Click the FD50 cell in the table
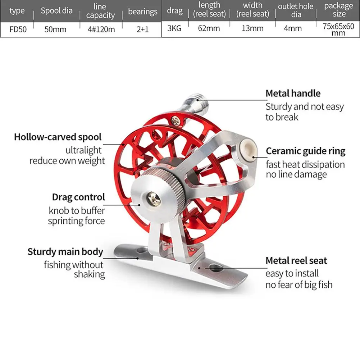[x=18, y=29]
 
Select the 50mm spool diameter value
[x=55, y=29]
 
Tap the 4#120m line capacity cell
[x=101, y=29]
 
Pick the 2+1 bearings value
[x=142, y=29]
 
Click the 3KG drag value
[x=174, y=28]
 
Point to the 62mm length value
[x=209, y=28]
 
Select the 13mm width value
[x=252, y=28]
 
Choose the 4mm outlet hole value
[x=293, y=28]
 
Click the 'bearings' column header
[x=142, y=12]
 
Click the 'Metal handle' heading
[x=293, y=94]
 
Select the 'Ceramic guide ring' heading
[x=305, y=151]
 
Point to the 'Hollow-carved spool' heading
[x=58, y=137]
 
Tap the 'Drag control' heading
[x=78, y=197]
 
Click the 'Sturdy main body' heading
[x=65, y=252]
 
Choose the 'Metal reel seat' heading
[x=296, y=260]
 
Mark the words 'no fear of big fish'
[x=299, y=285]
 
